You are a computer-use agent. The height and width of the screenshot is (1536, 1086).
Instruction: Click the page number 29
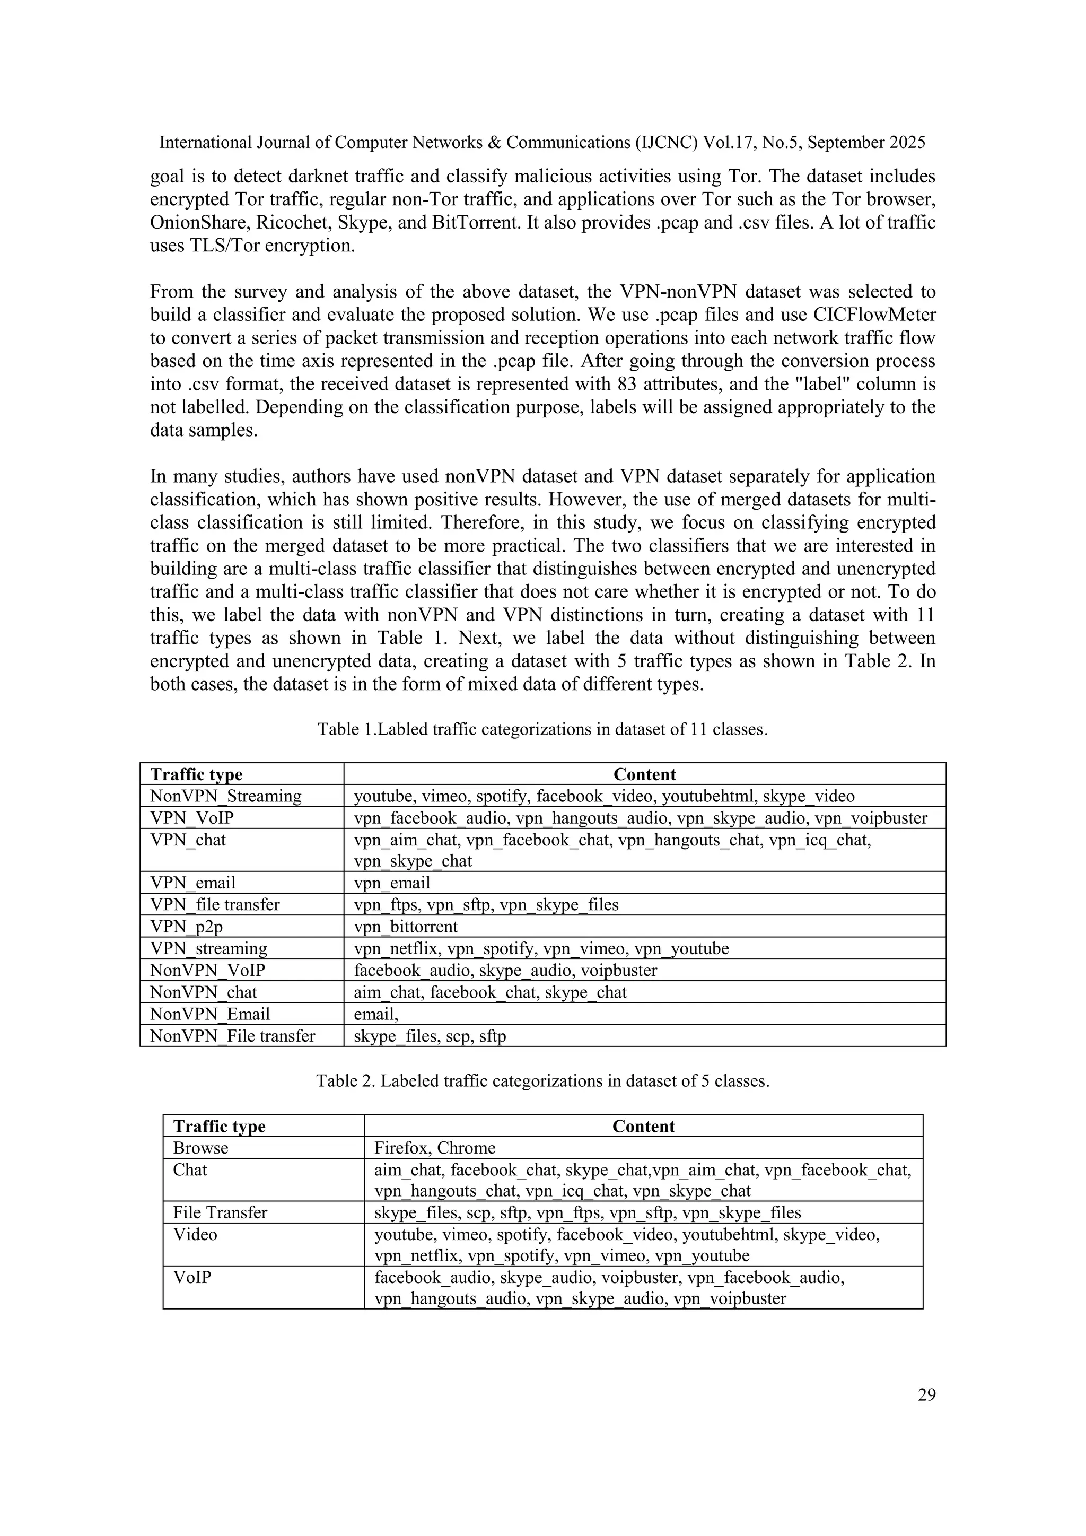[x=926, y=1394]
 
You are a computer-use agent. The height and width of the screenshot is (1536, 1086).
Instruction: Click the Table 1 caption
[x=542, y=729]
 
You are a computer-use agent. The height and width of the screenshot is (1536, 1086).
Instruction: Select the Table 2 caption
[x=542, y=1080]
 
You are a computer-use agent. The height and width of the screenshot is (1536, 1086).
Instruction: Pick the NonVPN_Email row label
[x=210, y=1014]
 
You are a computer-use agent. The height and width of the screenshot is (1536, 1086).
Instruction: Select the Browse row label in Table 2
[x=200, y=1147]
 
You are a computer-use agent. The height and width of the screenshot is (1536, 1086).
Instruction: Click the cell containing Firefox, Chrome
[x=435, y=1147]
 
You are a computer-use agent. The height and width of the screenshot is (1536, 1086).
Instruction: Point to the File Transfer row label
[x=220, y=1212]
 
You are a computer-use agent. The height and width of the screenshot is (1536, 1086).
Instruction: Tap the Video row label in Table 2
[x=195, y=1234]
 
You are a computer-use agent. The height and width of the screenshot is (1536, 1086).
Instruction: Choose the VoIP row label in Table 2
[x=192, y=1277]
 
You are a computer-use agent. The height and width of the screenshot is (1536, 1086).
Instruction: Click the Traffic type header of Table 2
[x=220, y=1126]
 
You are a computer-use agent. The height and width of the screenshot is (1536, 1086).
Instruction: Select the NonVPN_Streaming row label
[x=226, y=796]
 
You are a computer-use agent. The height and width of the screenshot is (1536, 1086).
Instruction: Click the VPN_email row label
[x=193, y=883]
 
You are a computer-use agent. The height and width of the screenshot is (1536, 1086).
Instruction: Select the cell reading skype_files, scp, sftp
[x=430, y=1036]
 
